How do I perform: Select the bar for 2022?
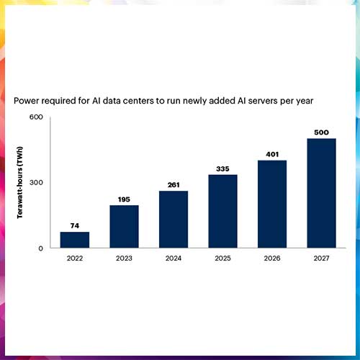pyautogui.click(x=75, y=240)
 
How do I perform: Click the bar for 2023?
pyautogui.click(x=124, y=226)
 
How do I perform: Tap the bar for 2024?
pyautogui.click(x=174, y=219)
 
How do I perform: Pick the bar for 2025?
pyautogui.click(x=222, y=211)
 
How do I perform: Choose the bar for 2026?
pyautogui.click(x=272, y=204)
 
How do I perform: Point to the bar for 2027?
pyautogui.click(x=321, y=193)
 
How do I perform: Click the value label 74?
pyautogui.click(x=75, y=226)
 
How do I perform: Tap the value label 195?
pyautogui.click(x=124, y=199)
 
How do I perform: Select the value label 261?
pyautogui.click(x=174, y=185)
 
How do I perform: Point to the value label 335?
pyautogui.click(x=222, y=168)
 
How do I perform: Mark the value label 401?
pyautogui.click(x=272, y=154)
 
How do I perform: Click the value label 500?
pyautogui.click(x=321, y=132)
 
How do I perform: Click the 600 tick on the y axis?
pyautogui.click(x=36, y=117)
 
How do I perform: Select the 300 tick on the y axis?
pyautogui.click(x=36, y=182)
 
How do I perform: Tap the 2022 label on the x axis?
pyautogui.click(x=75, y=259)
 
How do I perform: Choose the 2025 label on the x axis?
pyautogui.click(x=222, y=259)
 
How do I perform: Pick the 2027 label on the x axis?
pyautogui.click(x=321, y=259)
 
